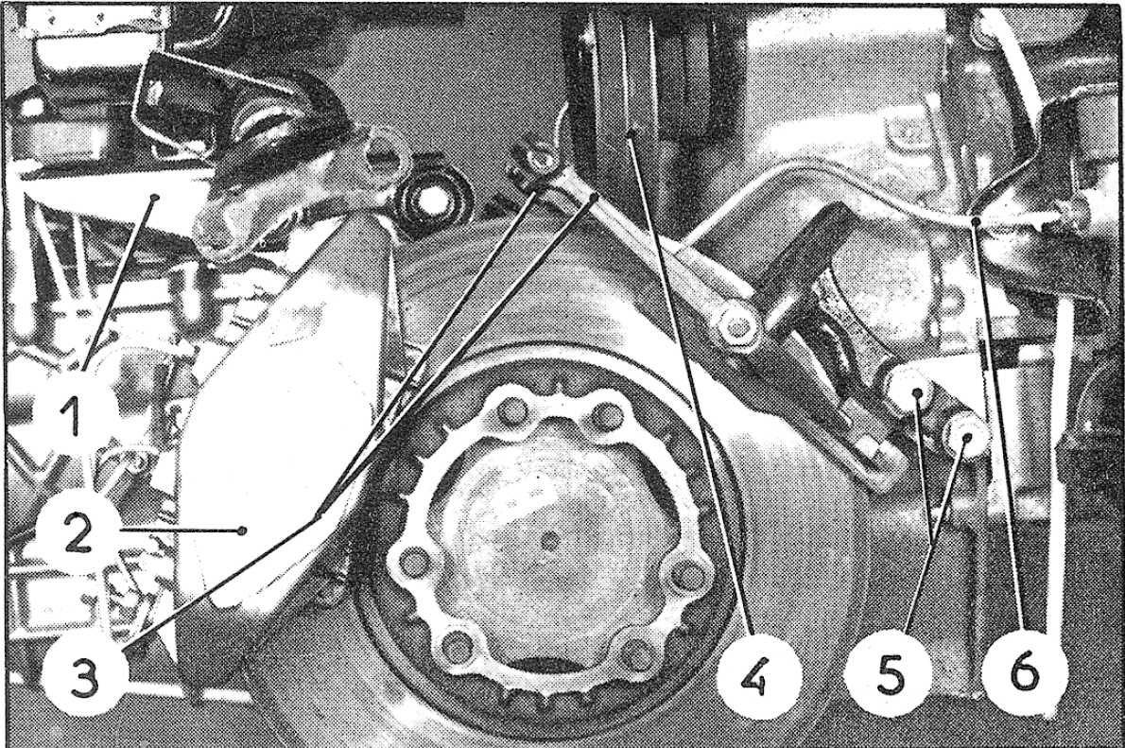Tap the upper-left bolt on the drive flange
pyautogui.click(x=511, y=415)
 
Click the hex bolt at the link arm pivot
pyautogui.click(x=736, y=327)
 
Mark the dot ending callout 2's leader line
pyautogui.click(x=243, y=531)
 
